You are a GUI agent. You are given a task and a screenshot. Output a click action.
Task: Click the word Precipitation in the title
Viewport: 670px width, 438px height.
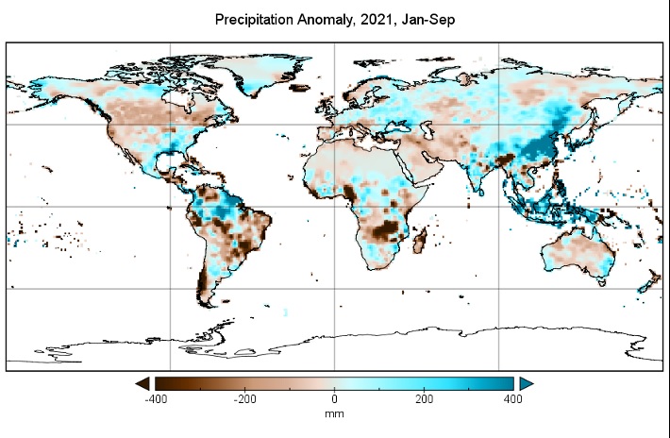click(256, 19)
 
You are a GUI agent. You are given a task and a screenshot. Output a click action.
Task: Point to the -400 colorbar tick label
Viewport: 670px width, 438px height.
click(157, 399)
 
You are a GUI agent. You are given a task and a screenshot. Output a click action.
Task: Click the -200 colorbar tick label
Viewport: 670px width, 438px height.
click(245, 399)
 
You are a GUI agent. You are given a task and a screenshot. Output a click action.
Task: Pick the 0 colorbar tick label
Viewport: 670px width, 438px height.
click(335, 399)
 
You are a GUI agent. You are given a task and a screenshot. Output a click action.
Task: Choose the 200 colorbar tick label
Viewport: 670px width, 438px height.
click(424, 399)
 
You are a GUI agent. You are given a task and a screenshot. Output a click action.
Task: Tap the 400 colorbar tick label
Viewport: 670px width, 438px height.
click(512, 399)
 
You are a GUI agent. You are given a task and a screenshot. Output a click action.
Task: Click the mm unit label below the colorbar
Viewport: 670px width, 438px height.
click(335, 413)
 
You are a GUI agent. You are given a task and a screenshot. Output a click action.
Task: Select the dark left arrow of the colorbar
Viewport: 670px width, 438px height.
click(142, 382)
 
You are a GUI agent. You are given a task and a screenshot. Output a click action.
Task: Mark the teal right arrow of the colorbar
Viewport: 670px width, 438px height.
click(527, 382)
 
